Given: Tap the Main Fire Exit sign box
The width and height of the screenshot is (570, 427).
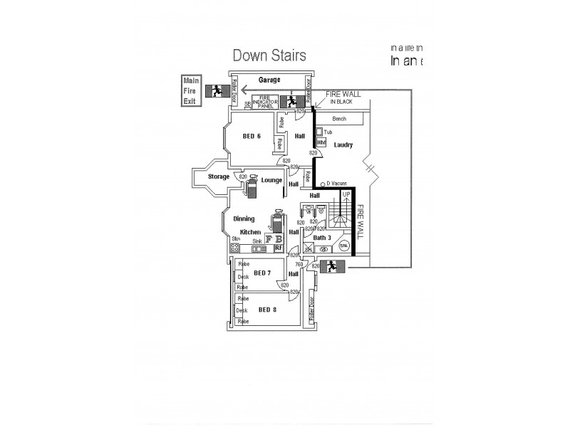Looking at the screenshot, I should coord(190,90).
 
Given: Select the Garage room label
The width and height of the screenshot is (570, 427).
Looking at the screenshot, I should coord(269,80).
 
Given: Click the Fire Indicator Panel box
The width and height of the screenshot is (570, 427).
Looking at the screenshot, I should coord(267,102).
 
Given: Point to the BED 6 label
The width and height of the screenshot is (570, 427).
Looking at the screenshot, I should coord(252,136).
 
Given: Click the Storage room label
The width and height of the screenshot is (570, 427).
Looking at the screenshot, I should coord(218,176).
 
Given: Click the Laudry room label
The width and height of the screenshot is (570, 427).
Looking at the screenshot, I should coord(343,144).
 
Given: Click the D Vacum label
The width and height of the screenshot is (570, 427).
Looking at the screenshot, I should coord(335,184).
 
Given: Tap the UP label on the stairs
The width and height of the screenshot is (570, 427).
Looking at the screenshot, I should coord(346,194).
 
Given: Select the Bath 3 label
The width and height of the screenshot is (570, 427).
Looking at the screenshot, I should coord(322,237).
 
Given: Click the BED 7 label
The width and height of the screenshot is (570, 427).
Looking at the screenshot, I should coord(261,273).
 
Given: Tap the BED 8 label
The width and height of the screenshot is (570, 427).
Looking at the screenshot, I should coord(267,310).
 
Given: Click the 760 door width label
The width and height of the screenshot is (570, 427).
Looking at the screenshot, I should coord(299,265).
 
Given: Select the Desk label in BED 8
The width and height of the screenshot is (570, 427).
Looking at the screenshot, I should coord(242,310).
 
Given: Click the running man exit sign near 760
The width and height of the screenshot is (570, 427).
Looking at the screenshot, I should coord(331,266).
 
